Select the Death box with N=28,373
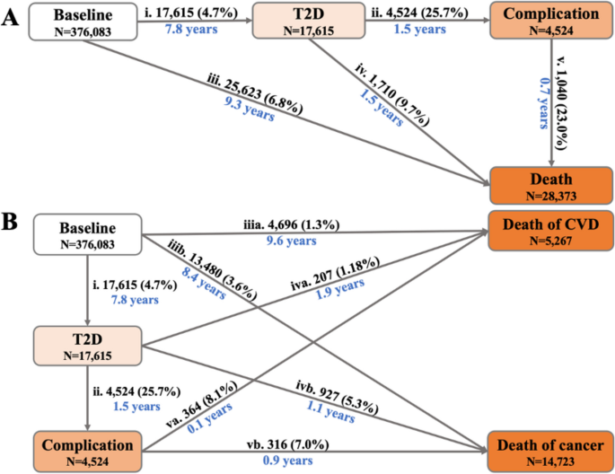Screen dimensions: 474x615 [548, 185]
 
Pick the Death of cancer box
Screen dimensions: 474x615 [548, 448]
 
